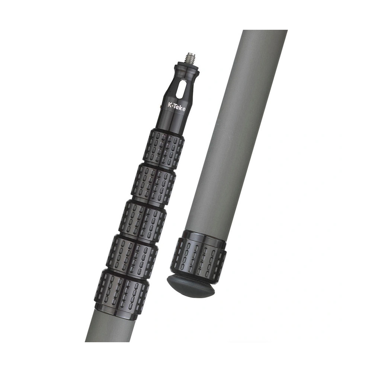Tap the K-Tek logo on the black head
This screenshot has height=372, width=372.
click(176, 106)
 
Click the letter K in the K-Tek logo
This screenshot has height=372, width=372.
click(170, 105)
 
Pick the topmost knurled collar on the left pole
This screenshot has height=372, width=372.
click(163, 146)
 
